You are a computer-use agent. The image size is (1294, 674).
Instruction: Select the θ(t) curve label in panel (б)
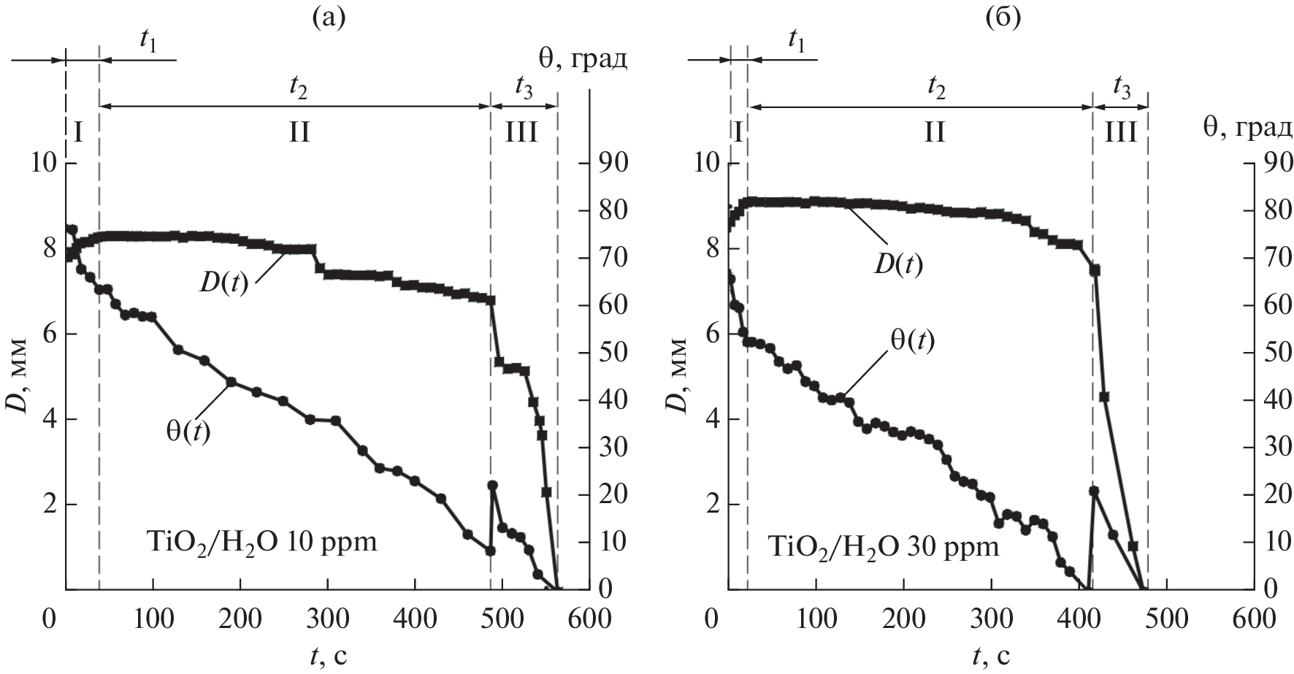click(x=911, y=340)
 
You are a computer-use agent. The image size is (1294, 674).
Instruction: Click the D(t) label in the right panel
click(x=898, y=264)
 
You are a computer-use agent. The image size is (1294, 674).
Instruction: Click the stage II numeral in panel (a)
click(x=299, y=133)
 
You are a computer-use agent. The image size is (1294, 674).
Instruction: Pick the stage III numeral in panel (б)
click(x=1120, y=133)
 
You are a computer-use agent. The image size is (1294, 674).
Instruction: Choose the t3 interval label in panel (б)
click(x=1122, y=88)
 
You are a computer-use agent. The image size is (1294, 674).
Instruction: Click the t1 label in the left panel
click(x=148, y=41)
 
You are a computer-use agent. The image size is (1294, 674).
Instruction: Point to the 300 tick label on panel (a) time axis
click(x=328, y=619)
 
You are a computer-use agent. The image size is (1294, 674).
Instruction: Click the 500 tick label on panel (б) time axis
click(x=1166, y=619)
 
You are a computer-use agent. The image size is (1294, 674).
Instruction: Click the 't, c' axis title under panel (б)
click(x=991, y=656)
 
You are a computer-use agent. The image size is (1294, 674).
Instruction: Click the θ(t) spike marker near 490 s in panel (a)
click(x=492, y=486)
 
